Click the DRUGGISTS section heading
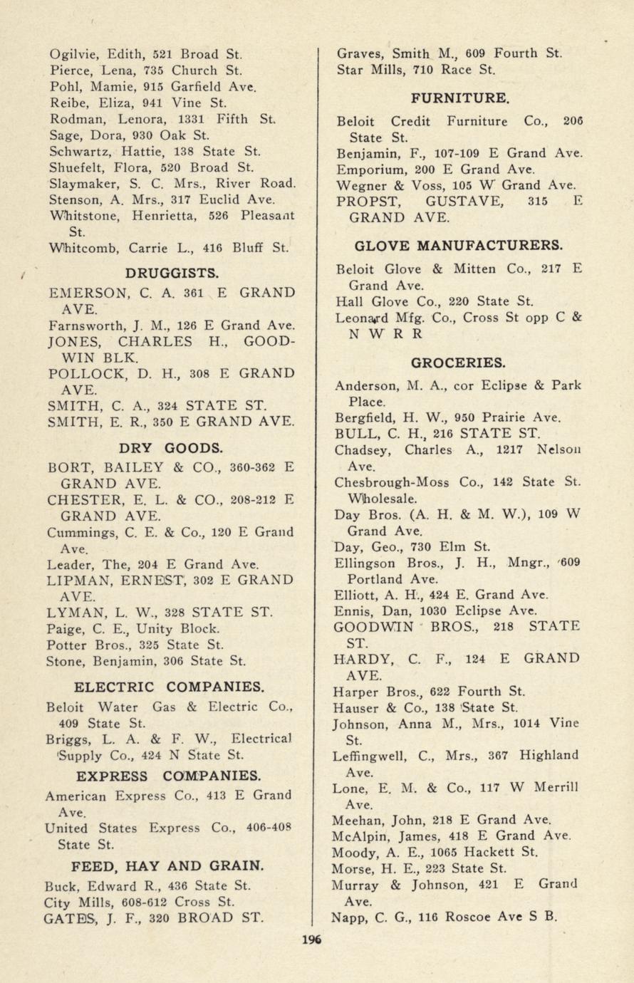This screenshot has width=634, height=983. pos(172,273)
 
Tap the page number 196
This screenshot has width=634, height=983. pos(311,939)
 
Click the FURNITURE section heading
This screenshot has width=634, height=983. pos(459,98)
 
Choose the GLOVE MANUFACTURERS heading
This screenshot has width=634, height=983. pos(458,246)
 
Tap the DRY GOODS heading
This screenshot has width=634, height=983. pos(171,448)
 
